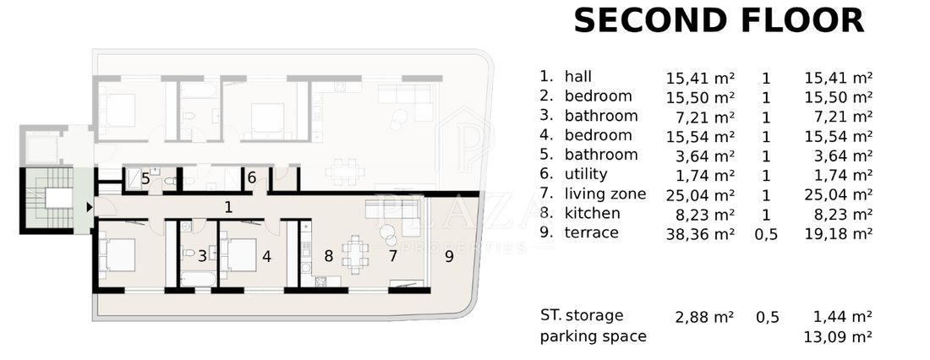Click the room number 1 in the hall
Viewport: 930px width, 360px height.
point(228,207)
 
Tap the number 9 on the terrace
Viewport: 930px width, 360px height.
point(449,257)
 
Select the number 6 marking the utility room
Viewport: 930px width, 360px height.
point(251,177)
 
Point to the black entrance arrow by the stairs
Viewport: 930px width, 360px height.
point(90,207)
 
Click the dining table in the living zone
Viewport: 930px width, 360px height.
point(354,255)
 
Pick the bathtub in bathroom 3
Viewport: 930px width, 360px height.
point(196,277)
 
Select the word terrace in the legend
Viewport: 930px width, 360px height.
point(591,232)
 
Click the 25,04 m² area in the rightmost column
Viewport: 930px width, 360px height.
point(838,194)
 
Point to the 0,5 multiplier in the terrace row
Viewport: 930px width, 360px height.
point(766,234)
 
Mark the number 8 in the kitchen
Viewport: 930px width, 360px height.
point(328,257)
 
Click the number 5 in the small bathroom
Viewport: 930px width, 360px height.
point(145,178)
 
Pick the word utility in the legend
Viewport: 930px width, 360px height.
point(586,174)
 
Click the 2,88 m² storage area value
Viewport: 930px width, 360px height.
point(704,317)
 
